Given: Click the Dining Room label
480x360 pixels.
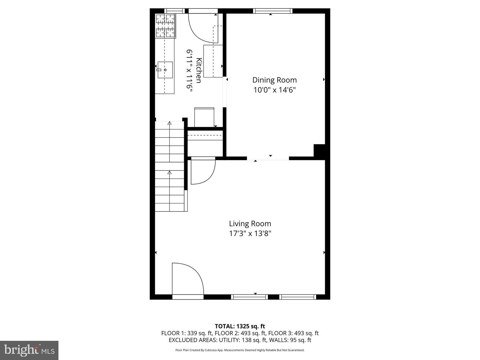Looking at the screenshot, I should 274,80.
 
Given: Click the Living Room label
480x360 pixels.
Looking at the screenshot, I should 250,224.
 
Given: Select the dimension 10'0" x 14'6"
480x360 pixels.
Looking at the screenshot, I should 274,90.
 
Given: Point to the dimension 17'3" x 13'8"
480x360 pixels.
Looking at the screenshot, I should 250,234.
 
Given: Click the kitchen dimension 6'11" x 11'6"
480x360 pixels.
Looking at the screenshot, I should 189,69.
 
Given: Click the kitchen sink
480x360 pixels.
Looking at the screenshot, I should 165,70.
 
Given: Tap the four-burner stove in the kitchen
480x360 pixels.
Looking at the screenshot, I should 165,26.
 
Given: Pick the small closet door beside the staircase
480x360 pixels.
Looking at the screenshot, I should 202,171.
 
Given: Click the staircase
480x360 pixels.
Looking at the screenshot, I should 169,167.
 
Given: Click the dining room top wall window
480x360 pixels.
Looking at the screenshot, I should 272,11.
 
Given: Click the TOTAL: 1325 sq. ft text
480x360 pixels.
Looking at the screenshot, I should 240,326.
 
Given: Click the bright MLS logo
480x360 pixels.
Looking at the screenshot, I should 29,350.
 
